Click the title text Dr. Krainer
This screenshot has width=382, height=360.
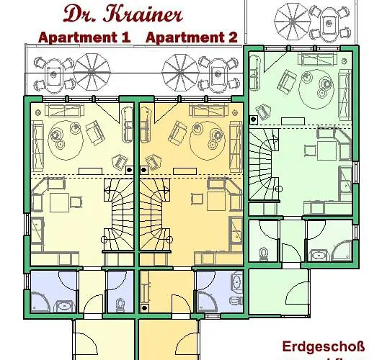[123, 14]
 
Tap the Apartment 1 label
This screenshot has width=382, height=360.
[84, 37]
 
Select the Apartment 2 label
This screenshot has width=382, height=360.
[191, 37]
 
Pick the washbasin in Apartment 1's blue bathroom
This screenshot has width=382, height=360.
[65, 305]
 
